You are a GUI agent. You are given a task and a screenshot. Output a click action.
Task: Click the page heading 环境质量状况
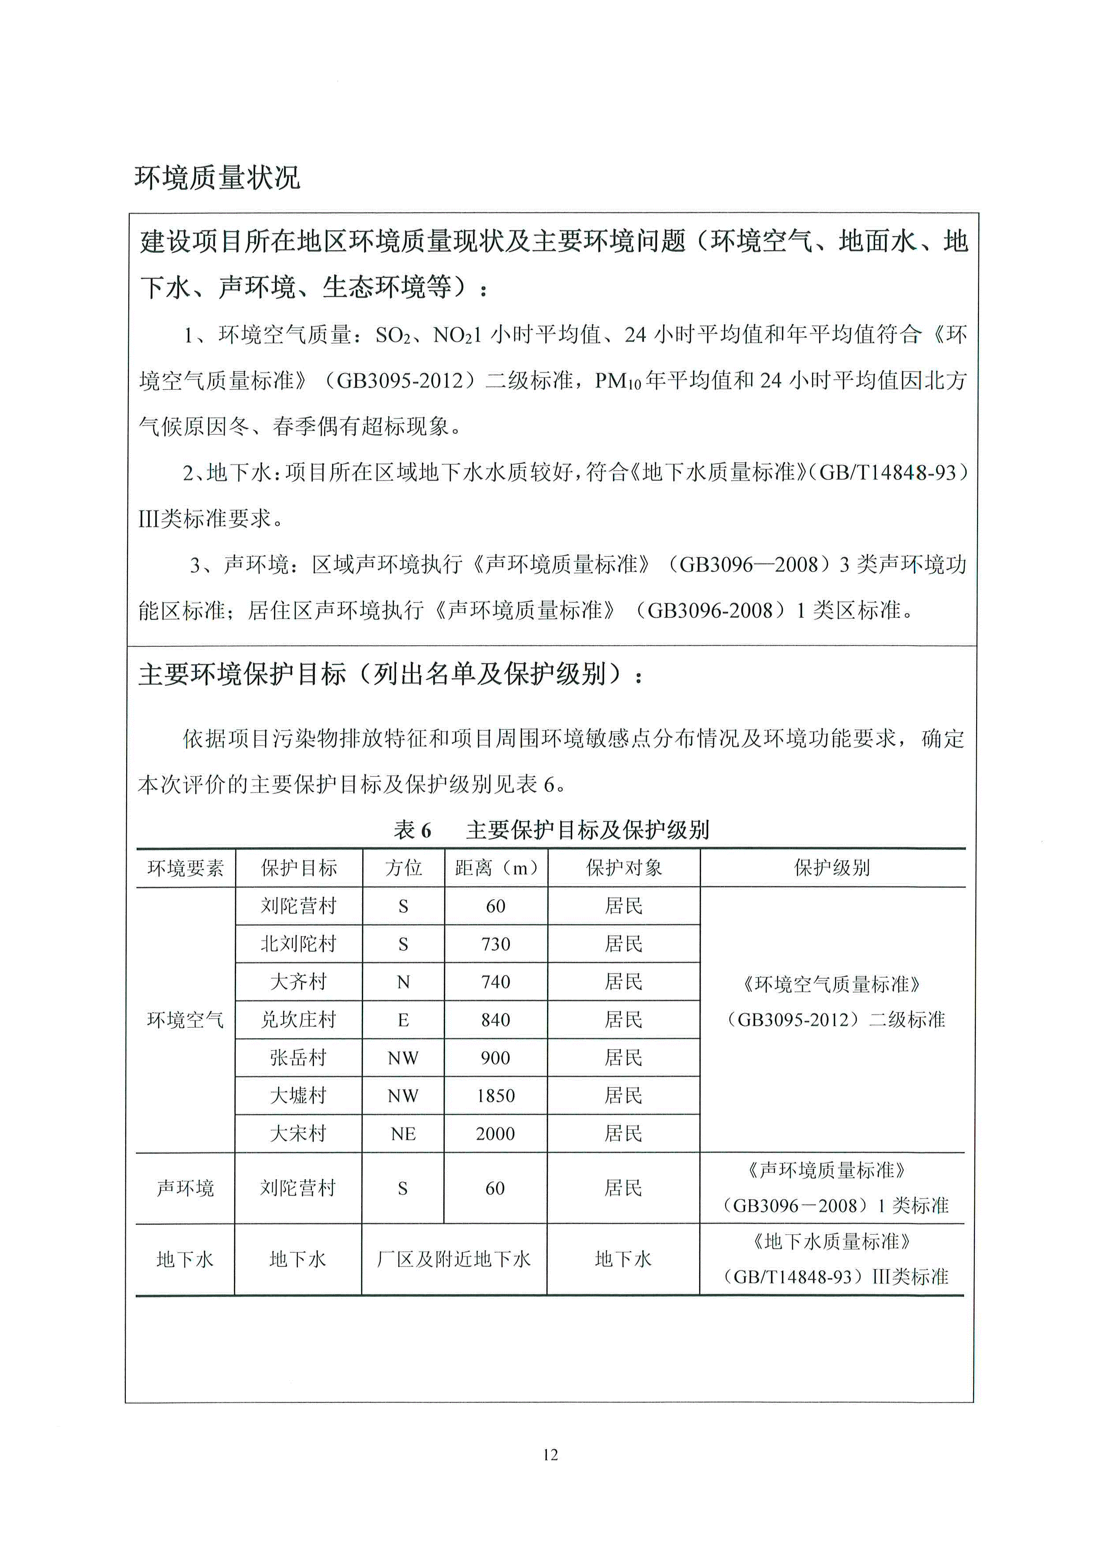click(217, 178)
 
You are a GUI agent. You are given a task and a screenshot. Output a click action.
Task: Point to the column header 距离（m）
click(496, 868)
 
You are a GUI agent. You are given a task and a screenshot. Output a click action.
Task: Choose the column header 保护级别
click(832, 868)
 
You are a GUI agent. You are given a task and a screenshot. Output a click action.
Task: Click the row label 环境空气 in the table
click(185, 1020)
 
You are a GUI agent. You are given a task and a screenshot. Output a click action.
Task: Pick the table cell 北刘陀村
click(299, 944)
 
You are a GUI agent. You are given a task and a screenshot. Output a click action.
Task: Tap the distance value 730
click(496, 944)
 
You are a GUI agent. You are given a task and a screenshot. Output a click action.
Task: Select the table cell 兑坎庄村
click(299, 1020)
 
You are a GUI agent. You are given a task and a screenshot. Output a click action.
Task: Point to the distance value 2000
click(496, 1134)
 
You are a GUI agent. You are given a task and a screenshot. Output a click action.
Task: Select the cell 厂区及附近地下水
click(454, 1259)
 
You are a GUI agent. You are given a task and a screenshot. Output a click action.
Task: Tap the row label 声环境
click(185, 1188)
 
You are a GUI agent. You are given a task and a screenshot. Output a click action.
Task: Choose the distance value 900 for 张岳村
click(496, 1058)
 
